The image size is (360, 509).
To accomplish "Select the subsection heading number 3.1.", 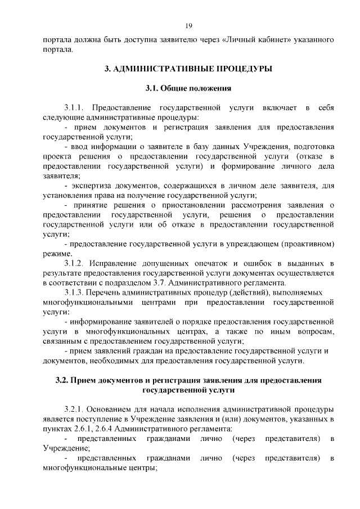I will coord(152,88).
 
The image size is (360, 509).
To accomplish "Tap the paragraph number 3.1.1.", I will coord(74,107).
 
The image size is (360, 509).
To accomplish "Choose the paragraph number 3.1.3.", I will coord(74,293).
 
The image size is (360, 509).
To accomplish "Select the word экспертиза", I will coord(92,186).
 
